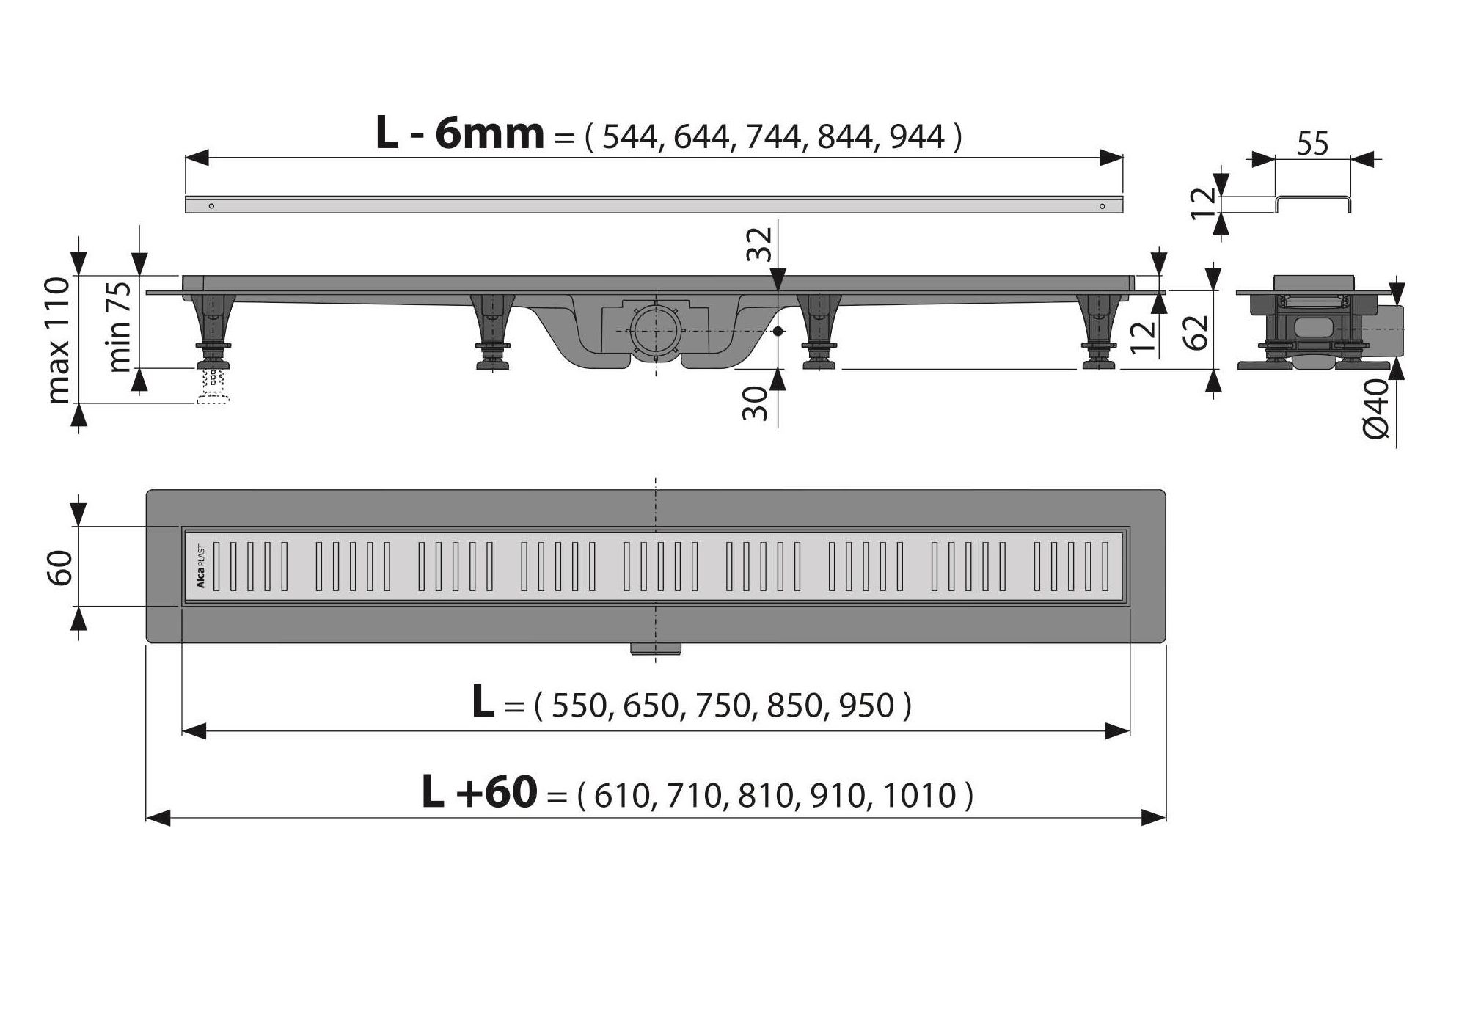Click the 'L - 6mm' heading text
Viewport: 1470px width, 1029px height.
coord(460,134)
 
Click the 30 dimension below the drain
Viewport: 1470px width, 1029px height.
coord(755,403)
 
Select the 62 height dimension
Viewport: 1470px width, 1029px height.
coord(1196,332)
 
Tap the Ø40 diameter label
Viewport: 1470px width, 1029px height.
coord(1377,409)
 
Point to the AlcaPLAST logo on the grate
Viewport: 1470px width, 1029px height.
coord(200,566)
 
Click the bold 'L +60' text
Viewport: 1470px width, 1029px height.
coord(480,794)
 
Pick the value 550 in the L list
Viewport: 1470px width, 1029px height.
coord(579,706)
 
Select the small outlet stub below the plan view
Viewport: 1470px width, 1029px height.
coord(655,648)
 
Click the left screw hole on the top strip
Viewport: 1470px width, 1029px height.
coord(211,206)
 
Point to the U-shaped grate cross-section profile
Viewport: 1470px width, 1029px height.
coord(1312,203)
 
